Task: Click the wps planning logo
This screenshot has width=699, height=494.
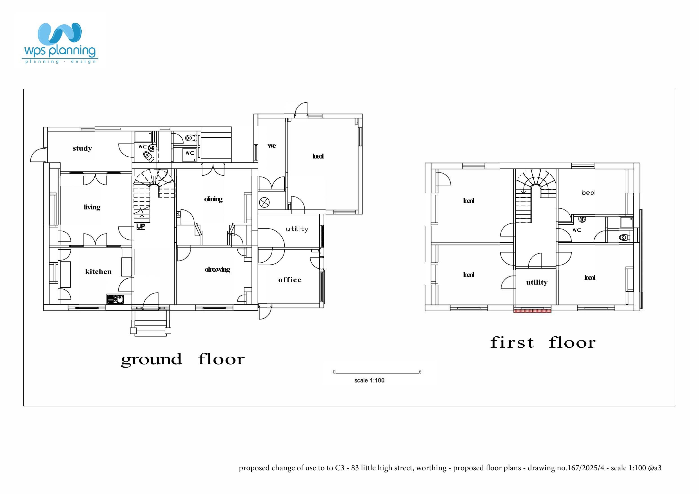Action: pyautogui.click(x=60, y=43)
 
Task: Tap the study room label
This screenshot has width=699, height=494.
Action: pyautogui.click(x=82, y=149)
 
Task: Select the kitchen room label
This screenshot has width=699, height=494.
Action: pyautogui.click(x=98, y=272)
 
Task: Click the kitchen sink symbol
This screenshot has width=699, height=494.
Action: pyautogui.click(x=115, y=299)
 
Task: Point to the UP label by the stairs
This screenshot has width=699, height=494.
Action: pyautogui.click(x=141, y=226)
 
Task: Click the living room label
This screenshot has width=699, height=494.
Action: pyautogui.click(x=92, y=207)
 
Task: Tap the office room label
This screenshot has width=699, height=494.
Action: pyautogui.click(x=290, y=280)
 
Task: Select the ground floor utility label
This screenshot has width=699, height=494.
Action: pyautogui.click(x=297, y=229)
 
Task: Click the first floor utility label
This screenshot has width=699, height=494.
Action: pyautogui.click(x=537, y=282)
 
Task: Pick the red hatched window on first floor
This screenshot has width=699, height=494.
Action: pyautogui.click(x=532, y=311)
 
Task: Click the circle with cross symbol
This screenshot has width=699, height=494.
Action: pyautogui.click(x=264, y=202)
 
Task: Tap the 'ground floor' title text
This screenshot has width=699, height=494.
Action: pyautogui.click(x=183, y=359)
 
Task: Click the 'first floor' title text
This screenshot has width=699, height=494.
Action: pyautogui.click(x=543, y=343)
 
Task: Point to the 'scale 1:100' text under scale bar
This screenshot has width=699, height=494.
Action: pyautogui.click(x=369, y=381)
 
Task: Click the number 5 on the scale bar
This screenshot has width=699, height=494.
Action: pyautogui.click(x=420, y=372)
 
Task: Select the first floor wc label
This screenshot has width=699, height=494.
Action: pyautogui.click(x=576, y=230)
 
